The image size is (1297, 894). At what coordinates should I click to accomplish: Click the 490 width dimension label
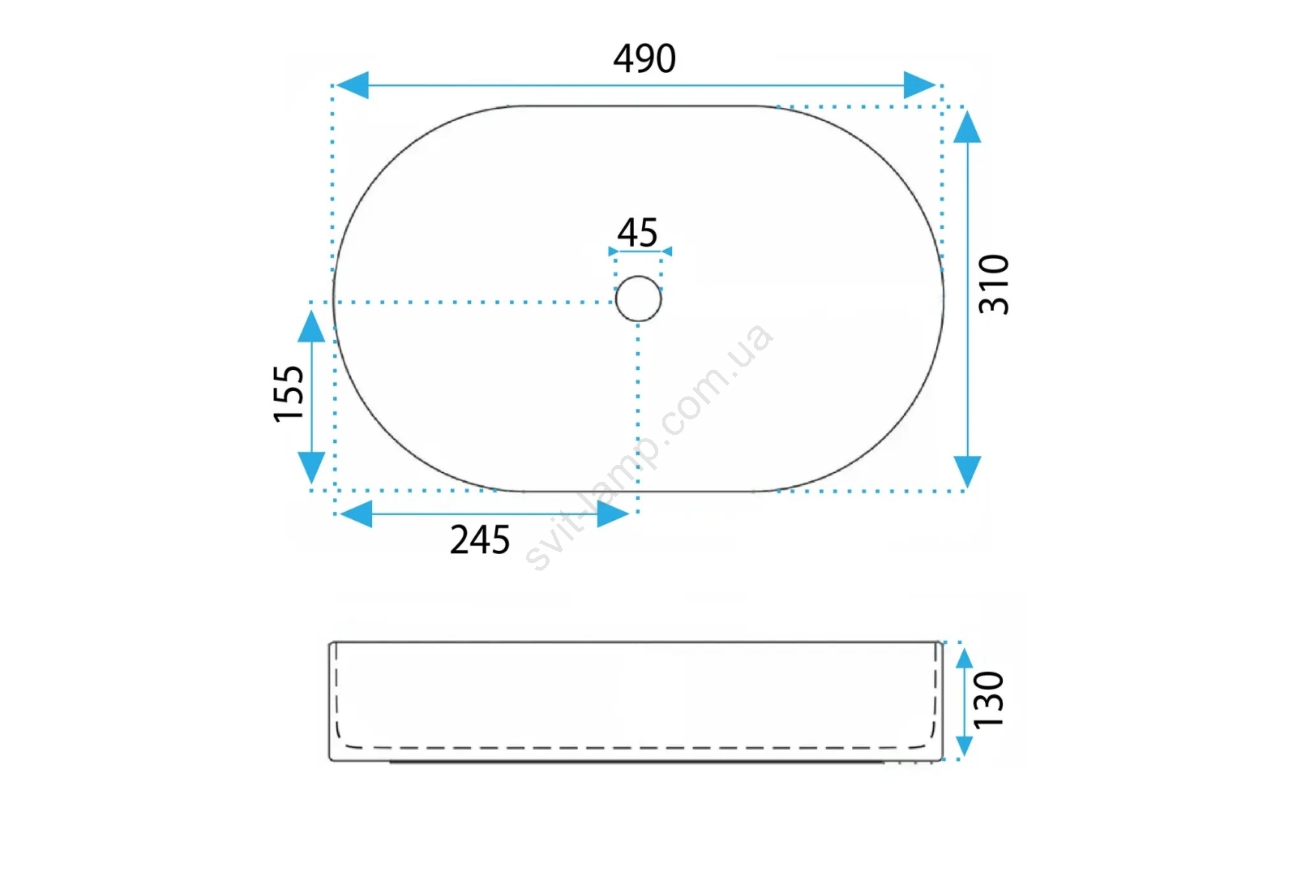[x=644, y=58]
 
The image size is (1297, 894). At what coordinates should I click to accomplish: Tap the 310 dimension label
[x=994, y=284]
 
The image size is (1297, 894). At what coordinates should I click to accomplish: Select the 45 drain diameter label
[x=637, y=233]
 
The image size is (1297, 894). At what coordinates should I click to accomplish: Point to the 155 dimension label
[x=289, y=393]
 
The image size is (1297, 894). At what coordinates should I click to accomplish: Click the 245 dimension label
[x=480, y=539]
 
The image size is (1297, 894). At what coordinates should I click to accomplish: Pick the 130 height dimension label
[x=989, y=699]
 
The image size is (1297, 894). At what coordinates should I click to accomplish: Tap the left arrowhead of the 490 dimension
[x=352, y=85]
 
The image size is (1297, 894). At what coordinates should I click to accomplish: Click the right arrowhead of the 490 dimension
[x=919, y=85]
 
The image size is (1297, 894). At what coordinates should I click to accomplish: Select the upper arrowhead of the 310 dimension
[x=967, y=127]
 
